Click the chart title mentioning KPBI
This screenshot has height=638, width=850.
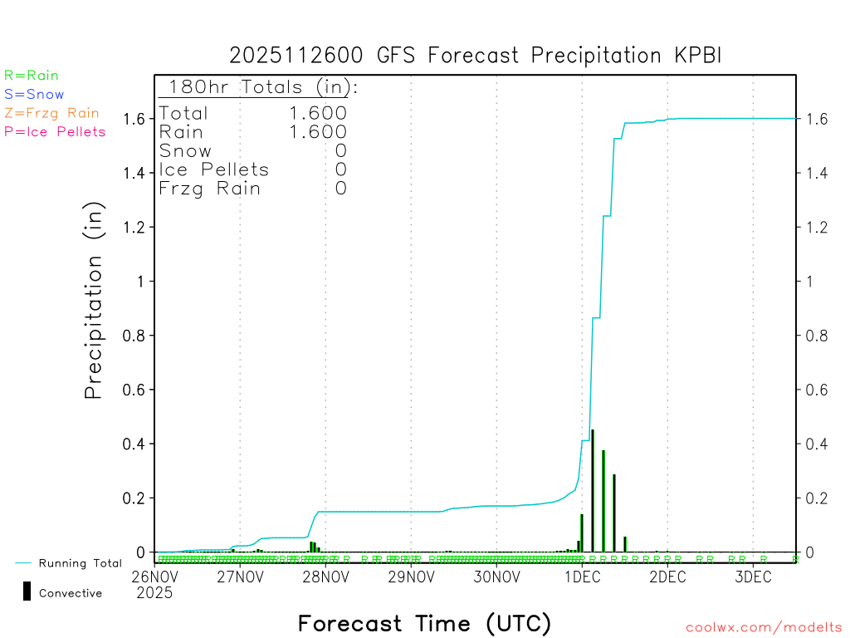476,56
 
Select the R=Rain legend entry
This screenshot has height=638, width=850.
32,76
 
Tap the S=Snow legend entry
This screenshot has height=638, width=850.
34,95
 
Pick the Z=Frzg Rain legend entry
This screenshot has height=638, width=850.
51,113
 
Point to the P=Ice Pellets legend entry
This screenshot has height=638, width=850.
55,131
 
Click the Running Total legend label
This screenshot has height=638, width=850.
80,563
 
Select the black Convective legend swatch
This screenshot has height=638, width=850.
27,591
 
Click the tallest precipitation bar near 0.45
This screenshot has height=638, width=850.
592,489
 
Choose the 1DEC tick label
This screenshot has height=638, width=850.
582,577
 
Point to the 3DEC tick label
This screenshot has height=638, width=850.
753,577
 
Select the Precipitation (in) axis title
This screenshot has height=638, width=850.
94,302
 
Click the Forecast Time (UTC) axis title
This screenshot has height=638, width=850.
424,623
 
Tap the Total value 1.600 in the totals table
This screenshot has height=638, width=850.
318,113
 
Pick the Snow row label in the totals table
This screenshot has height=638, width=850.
185,151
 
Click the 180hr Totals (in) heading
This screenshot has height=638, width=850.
260,87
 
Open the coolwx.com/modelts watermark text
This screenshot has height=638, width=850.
764,627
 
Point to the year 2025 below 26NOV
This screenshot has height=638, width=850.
154,592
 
